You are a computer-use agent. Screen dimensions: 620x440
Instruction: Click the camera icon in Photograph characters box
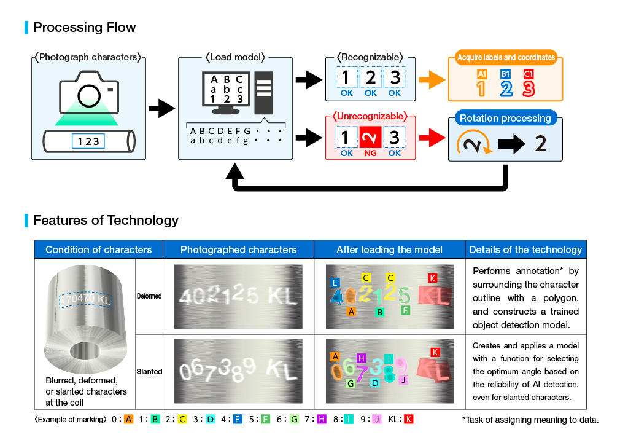pyautogui.click(x=89, y=92)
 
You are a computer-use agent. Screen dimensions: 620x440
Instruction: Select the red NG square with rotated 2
pyautogui.click(x=371, y=137)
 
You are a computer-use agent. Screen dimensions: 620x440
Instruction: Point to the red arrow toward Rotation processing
pyautogui.click(x=432, y=138)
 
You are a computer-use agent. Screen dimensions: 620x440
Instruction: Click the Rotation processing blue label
pyautogui.click(x=505, y=118)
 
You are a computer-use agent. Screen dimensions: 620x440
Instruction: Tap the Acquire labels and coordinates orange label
pyautogui.click(x=506, y=57)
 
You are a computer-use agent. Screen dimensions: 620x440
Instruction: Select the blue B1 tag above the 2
pyautogui.click(x=505, y=74)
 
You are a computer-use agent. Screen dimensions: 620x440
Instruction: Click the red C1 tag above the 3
pyautogui.click(x=529, y=74)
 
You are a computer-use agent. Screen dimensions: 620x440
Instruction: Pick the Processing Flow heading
pyautogui.click(x=85, y=27)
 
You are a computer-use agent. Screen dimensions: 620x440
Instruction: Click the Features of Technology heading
pyautogui.click(x=106, y=221)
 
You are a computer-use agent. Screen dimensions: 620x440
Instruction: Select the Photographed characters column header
pyautogui.click(x=238, y=249)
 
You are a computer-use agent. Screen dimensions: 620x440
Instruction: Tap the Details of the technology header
pyautogui.click(x=525, y=249)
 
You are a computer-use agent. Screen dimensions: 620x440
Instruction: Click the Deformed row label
pyautogui.click(x=149, y=296)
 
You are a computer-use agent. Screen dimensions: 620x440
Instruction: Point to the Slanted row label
pyautogui.click(x=149, y=372)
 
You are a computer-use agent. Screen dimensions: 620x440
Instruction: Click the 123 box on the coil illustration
pyautogui.click(x=88, y=141)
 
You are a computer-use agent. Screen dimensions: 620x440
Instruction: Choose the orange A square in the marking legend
pyautogui.click(x=128, y=420)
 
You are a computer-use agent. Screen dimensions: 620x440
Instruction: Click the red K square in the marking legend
pyautogui.click(x=408, y=420)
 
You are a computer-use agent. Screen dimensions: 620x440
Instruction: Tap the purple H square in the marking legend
pyautogui.click(x=322, y=420)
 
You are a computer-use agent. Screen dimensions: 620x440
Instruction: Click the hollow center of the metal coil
pyautogui.click(x=84, y=352)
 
